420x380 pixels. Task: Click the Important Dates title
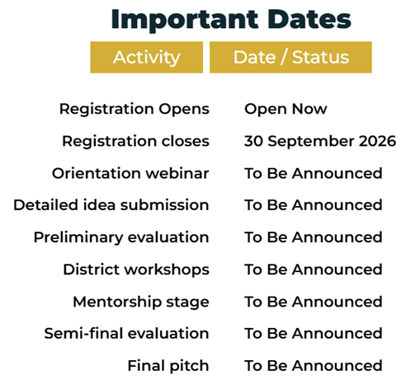tap(231, 20)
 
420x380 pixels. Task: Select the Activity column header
tap(147, 57)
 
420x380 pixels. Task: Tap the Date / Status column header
tap(290, 57)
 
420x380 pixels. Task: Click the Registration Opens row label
tap(134, 110)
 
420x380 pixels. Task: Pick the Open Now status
tap(286, 110)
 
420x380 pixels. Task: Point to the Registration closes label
tap(136, 141)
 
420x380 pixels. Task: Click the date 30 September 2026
tap(320, 142)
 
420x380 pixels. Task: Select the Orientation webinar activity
tap(130, 173)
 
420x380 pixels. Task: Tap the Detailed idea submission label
tap(111, 205)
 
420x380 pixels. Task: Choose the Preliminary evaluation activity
tap(121, 237)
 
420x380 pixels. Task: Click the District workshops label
tap(136, 270)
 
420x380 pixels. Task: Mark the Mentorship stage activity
tap(141, 303)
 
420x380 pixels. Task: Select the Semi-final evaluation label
tap(126, 334)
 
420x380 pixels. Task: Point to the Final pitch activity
tap(168, 366)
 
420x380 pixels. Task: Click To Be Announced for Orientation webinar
tap(314, 173)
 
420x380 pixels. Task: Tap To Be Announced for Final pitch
tap(314, 366)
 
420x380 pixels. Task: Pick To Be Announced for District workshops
tap(314, 270)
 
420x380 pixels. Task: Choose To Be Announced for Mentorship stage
tap(314, 302)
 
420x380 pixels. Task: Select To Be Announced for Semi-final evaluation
tap(314, 334)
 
